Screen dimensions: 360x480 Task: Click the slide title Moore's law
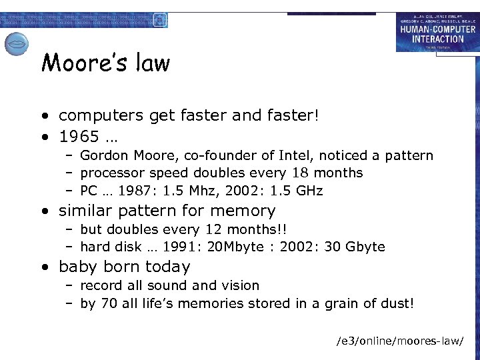click(x=105, y=64)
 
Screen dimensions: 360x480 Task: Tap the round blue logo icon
click(x=16, y=44)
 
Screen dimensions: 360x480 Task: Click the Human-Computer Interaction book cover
click(x=437, y=33)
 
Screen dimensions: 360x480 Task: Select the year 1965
click(x=79, y=137)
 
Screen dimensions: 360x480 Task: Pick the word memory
click(x=241, y=211)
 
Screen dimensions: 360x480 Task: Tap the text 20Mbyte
click(x=225, y=247)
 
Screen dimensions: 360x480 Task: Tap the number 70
click(x=108, y=304)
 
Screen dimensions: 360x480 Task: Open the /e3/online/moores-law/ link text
click(x=399, y=341)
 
